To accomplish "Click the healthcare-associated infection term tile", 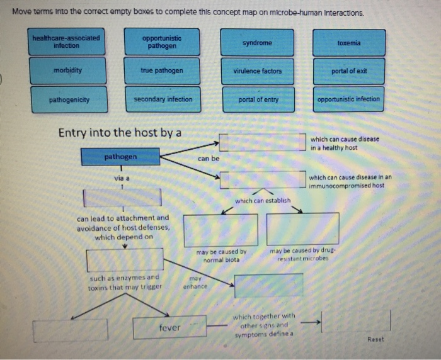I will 67,42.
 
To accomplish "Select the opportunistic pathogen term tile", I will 162,42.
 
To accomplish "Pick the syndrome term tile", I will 257,43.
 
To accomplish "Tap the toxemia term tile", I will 348,43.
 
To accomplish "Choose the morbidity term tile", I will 67,70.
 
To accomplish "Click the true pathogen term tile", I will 162,70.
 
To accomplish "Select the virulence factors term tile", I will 257,71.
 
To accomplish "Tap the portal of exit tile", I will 348,71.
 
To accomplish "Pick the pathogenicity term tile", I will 69,99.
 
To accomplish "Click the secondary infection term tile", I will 163,99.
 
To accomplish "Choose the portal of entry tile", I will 258,99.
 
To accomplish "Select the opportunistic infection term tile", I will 348,99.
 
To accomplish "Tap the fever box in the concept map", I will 169,328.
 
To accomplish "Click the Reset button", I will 375,340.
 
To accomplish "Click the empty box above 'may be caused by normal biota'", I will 220,230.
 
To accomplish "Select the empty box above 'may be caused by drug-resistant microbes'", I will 302,229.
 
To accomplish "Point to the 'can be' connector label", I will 209,159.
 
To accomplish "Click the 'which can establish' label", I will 263,201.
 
